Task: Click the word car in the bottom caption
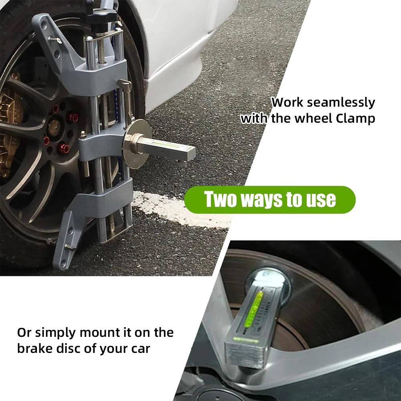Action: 140,348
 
